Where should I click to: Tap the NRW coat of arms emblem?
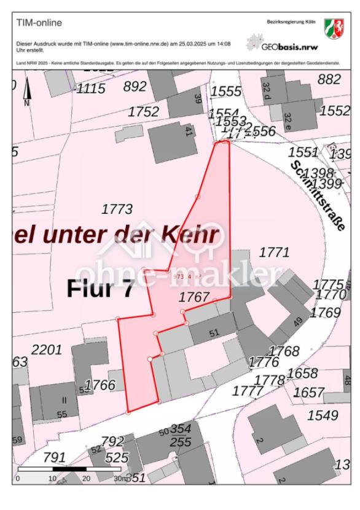click(334, 28)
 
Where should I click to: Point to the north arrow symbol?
click(26, 93)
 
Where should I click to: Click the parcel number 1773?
click(117, 210)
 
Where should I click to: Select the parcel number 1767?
click(194, 297)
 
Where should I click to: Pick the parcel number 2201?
click(47, 350)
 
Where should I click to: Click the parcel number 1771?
click(274, 252)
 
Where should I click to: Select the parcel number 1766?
click(100, 385)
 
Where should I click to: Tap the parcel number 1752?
click(143, 112)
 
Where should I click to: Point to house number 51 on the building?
click(214, 334)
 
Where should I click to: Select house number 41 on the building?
click(189, 133)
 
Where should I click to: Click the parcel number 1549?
click(323, 415)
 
